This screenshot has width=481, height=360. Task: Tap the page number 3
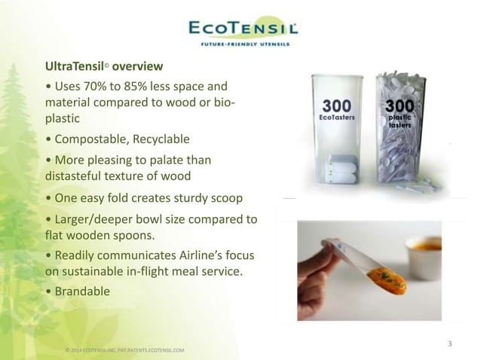click(450, 345)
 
